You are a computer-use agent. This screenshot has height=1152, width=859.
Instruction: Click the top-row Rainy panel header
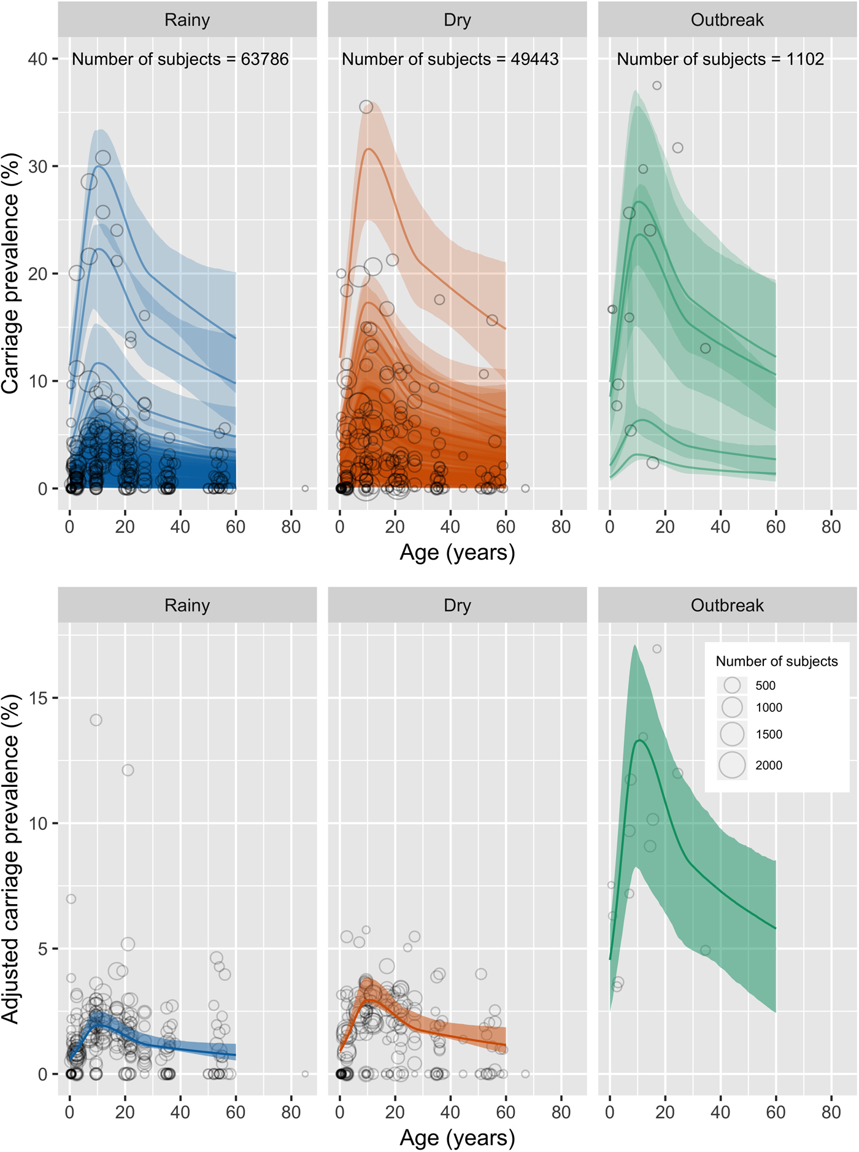(187, 20)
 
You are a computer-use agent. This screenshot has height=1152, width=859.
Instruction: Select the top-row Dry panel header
(457, 20)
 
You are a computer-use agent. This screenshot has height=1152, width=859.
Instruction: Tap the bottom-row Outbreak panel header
(727, 605)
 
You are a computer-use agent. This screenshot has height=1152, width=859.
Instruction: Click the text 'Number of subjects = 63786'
(180, 60)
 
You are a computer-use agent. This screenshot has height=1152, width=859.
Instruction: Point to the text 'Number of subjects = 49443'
(450, 60)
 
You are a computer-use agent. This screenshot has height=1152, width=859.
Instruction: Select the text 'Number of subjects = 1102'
(720, 60)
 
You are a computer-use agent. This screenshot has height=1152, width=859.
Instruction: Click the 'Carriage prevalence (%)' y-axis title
(10, 273)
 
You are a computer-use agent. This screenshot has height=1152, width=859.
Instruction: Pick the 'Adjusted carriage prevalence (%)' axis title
(10, 859)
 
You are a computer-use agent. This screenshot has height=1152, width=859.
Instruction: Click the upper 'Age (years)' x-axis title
(457, 553)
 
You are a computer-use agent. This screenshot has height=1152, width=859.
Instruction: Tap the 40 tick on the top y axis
(37, 59)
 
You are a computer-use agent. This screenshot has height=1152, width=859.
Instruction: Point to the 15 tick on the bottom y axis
(37, 698)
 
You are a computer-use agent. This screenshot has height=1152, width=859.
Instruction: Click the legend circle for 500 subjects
(732, 685)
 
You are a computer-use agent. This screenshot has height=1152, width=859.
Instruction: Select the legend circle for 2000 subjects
(732, 765)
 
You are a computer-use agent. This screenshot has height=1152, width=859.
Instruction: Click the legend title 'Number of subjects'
(776, 661)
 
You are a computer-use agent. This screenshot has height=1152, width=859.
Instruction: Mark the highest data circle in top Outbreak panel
(657, 86)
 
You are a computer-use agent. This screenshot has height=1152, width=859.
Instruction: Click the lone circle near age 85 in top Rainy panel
(305, 489)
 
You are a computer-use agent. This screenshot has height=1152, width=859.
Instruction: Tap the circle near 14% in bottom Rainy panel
(96, 720)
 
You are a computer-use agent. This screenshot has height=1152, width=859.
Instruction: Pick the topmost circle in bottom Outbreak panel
(657, 649)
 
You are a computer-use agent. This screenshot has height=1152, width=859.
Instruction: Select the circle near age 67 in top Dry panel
(525, 489)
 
